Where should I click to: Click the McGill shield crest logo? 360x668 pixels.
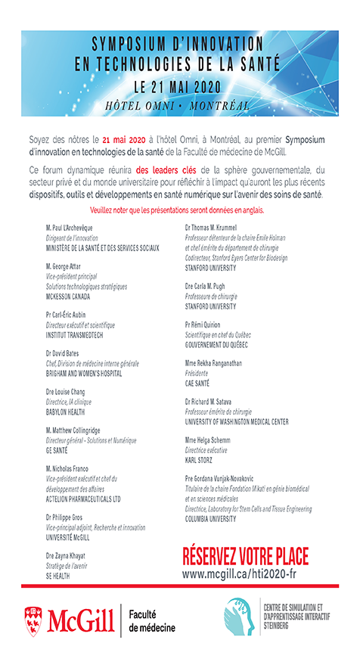click(x=33, y=619)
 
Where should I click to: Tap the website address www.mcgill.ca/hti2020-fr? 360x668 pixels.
click(x=246, y=575)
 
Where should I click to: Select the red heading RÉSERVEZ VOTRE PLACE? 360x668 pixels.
click(x=246, y=557)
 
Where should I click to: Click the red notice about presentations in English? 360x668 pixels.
click(x=179, y=207)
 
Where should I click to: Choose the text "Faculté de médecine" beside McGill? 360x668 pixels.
click(x=152, y=620)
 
